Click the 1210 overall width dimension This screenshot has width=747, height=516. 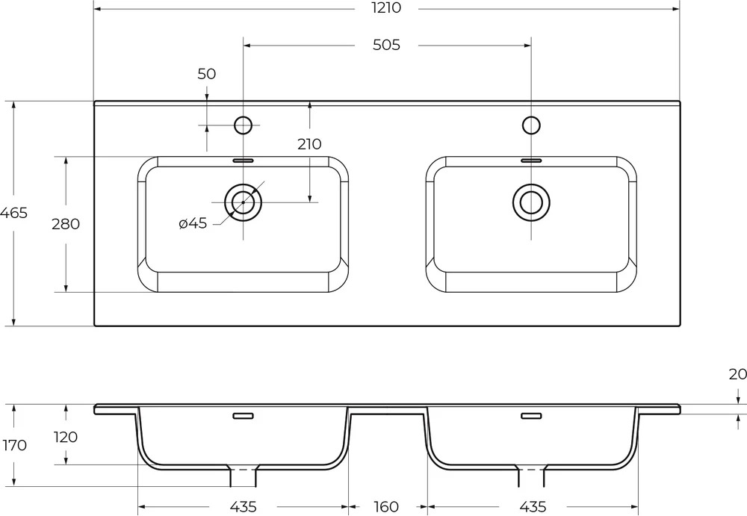click(x=386, y=7)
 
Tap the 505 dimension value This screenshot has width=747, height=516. click(x=386, y=46)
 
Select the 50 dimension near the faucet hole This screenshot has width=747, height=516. click(x=206, y=74)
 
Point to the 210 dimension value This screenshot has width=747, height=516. click(x=310, y=144)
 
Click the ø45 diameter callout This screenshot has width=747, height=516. click(x=193, y=223)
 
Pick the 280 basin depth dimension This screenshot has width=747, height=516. click(x=66, y=223)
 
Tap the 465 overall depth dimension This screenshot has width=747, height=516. click(x=13, y=213)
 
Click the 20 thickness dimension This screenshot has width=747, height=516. click(x=737, y=375)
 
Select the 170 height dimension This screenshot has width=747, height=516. click(x=15, y=446)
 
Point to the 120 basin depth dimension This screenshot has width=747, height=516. click(x=66, y=437)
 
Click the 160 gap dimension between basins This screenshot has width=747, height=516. click(x=385, y=506)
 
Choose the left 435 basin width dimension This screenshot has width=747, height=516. click(x=243, y=506)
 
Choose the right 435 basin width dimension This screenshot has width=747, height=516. click(x=533, y=506)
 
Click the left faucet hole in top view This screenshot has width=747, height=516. click(x=243, y=125)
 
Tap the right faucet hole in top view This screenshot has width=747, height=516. click(x=531, y=125)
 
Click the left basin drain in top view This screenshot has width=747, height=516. click(x=243, y=202)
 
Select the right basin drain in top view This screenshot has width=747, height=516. click(x=531, y=202)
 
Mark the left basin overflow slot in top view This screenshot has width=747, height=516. click(x=243, y=161)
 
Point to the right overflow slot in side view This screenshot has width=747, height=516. click(x=531, y=416)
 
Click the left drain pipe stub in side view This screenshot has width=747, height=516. click(x=244, y=476)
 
